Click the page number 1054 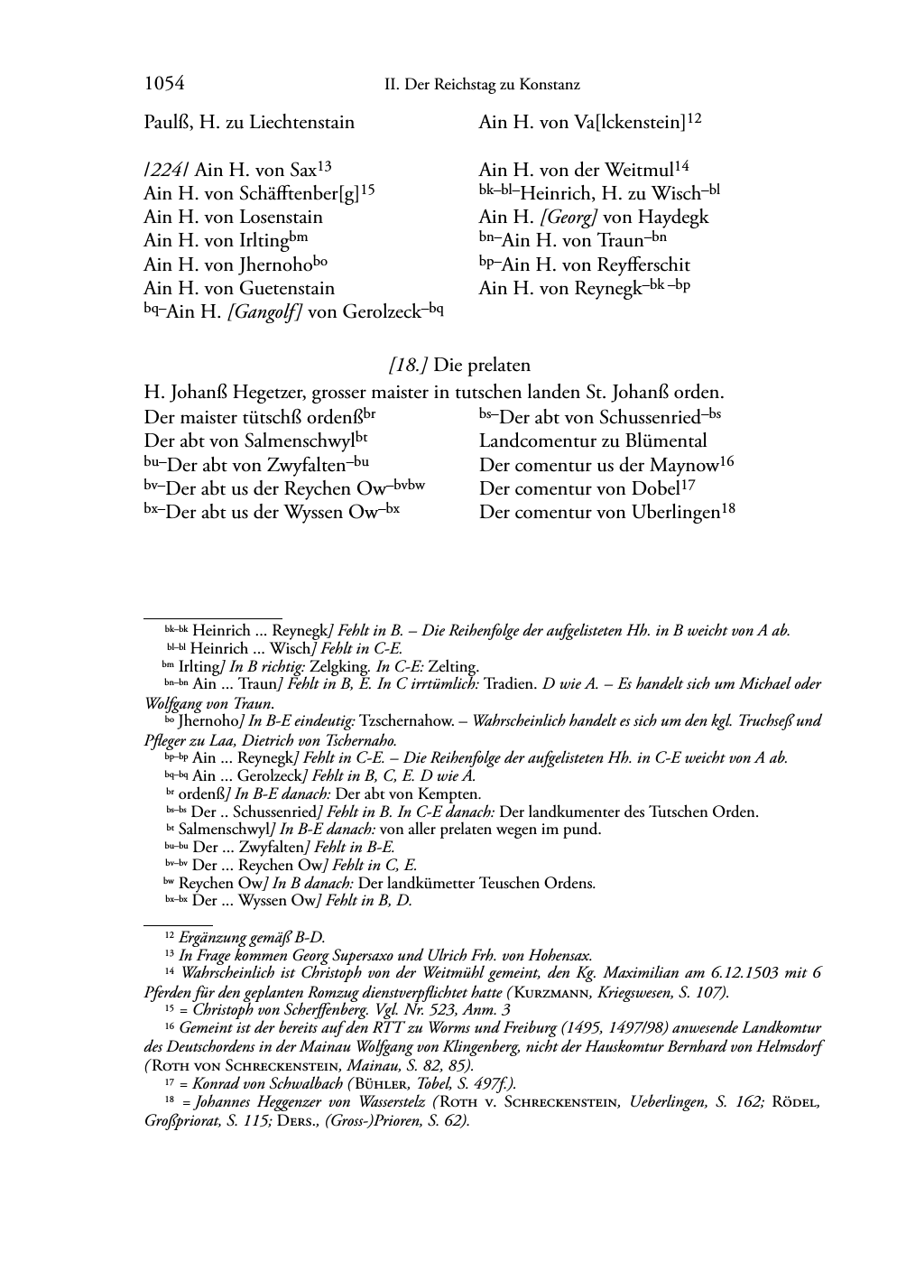[164, 84]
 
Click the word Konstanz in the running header [549, 85]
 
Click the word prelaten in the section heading [497, 366]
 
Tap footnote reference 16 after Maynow [726, 461]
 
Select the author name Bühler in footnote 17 [385, 1083]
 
